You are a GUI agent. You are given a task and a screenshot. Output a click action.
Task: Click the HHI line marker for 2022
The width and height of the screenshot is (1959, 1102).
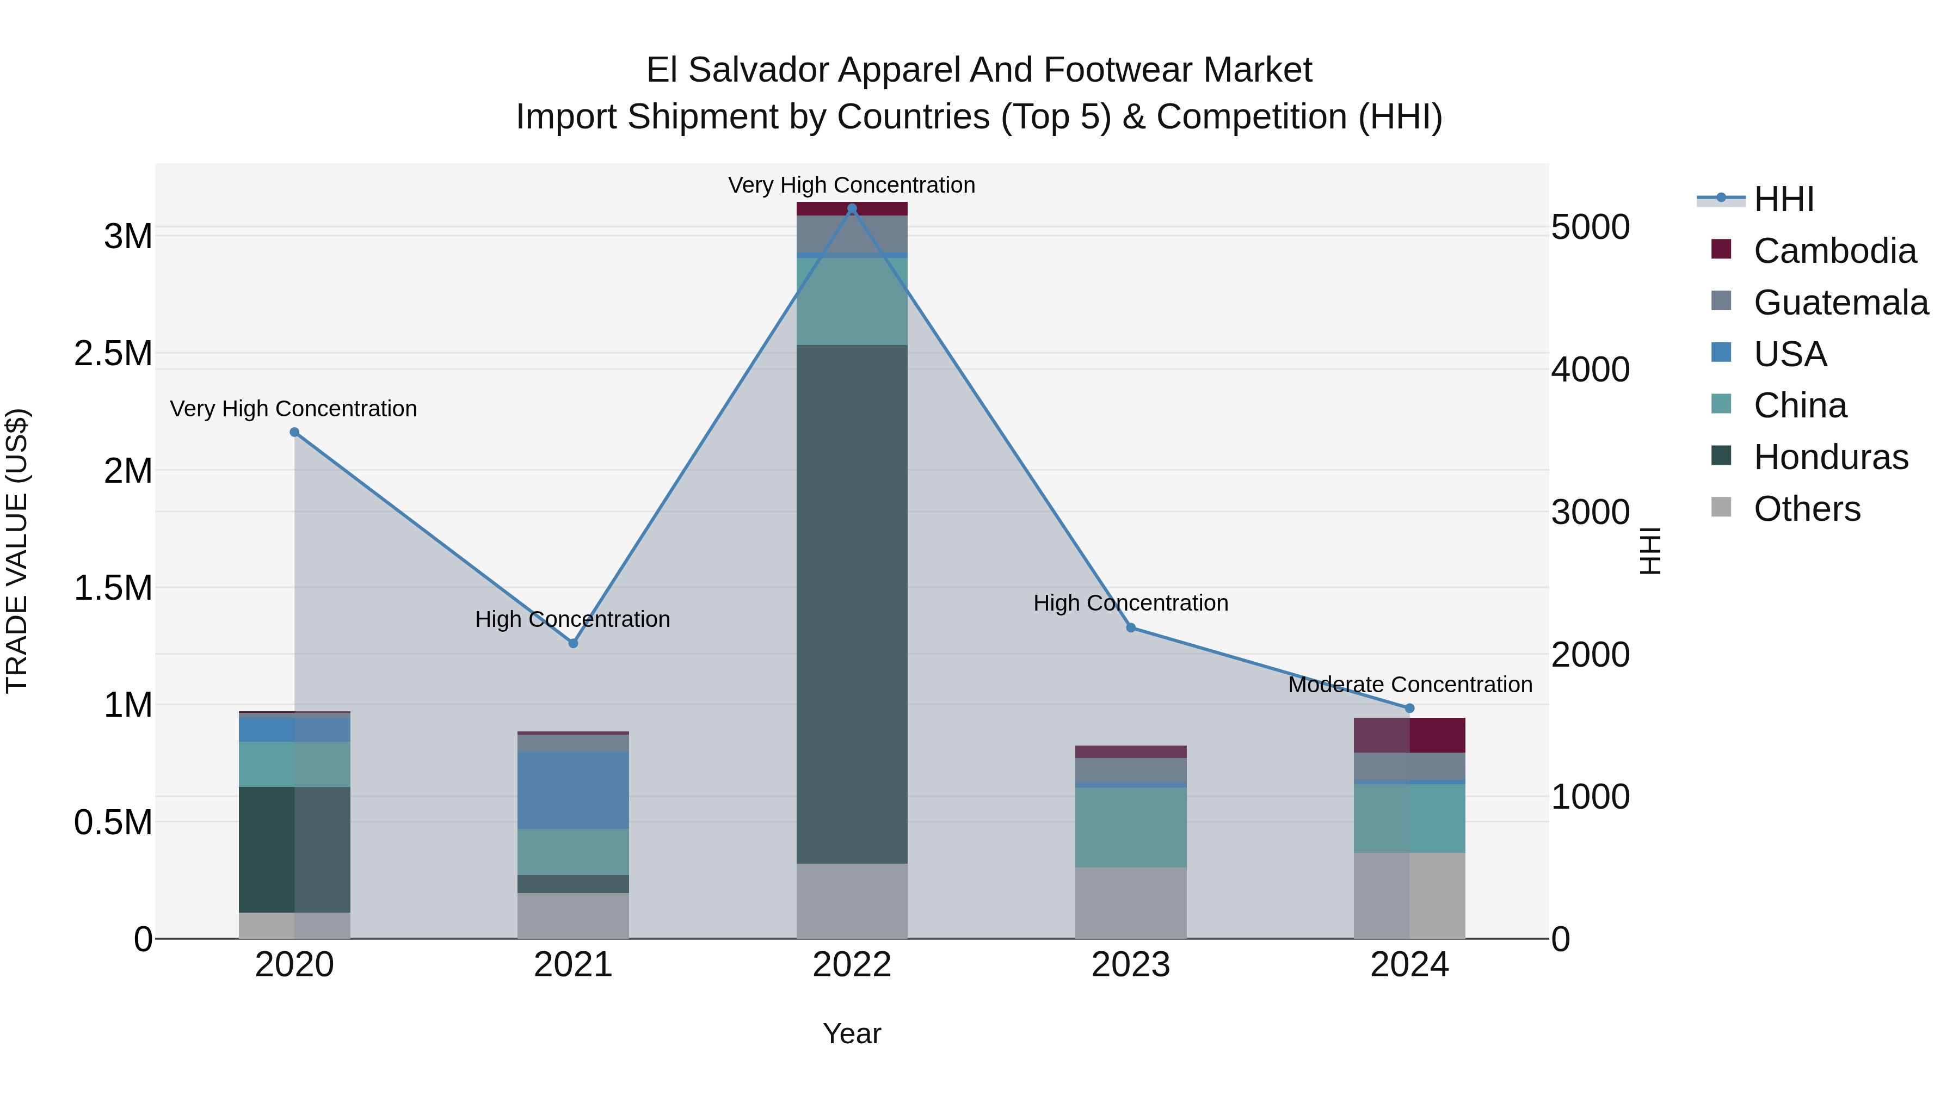coord(852,208)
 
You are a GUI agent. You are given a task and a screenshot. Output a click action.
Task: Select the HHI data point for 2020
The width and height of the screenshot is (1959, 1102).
coord(294,432)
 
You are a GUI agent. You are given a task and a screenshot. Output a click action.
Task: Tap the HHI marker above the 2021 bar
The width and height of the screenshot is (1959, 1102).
coord(574,643)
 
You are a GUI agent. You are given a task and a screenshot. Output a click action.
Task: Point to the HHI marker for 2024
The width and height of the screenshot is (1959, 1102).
coord(1409,708)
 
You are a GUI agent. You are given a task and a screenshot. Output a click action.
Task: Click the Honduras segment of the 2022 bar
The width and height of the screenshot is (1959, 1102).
coord(852,604)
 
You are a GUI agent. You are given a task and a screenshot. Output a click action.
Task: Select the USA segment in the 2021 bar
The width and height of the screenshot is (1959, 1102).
coord(574,790)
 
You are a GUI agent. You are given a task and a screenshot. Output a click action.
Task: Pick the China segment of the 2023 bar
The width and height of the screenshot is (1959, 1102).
coord(1130,827)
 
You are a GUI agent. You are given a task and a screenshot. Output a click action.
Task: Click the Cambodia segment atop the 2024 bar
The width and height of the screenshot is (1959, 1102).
coord(1409,735)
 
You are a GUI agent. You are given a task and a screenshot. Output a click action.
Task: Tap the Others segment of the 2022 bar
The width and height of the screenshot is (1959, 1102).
coord(852,901)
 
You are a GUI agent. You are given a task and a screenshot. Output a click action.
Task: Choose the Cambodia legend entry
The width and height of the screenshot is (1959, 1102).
coord(1834,251)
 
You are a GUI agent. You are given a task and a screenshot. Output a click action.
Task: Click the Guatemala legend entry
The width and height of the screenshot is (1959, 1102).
coord(1840,303)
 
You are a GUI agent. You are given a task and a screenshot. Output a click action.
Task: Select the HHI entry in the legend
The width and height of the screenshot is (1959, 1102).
coord(1783,199)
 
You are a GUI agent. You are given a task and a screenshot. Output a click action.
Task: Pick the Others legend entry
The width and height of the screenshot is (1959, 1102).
coord(1807,509)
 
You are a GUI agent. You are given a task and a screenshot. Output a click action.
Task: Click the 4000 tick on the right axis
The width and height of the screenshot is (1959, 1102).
coord(1590,370)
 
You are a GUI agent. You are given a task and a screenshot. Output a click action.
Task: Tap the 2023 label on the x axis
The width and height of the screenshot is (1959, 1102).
coord(1130,965)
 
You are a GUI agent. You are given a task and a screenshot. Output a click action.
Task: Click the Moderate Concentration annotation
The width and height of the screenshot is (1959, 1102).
coord(1410,685)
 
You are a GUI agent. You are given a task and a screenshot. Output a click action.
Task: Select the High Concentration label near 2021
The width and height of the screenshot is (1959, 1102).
coord(572,619)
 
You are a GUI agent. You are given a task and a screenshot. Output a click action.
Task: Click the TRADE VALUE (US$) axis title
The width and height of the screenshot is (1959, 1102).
coord(17,551)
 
